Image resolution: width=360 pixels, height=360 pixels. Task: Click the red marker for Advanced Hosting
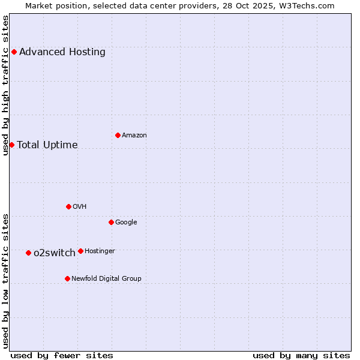14,52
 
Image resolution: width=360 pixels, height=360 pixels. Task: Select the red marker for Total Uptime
11,145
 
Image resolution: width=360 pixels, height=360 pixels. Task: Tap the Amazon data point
118,135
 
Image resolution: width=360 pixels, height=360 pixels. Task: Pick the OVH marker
68,206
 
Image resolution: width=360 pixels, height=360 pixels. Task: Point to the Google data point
111,222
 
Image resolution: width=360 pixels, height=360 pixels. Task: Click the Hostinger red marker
80,251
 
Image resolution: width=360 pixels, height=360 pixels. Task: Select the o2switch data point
28,253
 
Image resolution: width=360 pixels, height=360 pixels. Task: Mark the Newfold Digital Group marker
67,278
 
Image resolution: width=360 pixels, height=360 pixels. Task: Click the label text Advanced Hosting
62,52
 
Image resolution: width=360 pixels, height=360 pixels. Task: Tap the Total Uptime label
47,145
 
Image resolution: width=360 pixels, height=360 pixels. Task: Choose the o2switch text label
55,253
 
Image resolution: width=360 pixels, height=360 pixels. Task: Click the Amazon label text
134,135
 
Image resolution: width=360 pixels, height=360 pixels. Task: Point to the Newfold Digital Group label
107,278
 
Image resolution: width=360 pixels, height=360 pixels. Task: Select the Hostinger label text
100,251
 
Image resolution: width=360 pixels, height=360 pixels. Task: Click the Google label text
126,222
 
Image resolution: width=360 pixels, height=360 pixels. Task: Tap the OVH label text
80,206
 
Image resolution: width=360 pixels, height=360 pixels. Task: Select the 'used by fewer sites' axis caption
62,355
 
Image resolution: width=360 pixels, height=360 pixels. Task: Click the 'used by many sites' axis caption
301,355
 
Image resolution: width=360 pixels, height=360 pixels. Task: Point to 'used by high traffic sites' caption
5,85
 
